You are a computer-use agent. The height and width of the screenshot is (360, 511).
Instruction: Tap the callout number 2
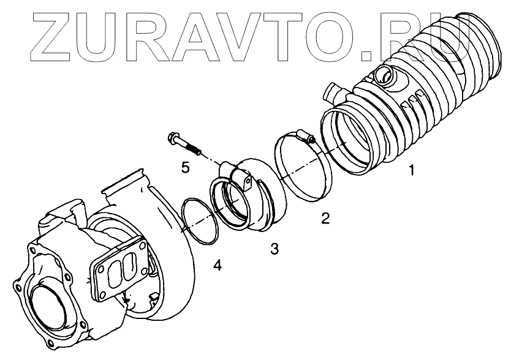[x=325, y=217]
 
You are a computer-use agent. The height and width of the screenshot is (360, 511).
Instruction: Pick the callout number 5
[x=184, y=166]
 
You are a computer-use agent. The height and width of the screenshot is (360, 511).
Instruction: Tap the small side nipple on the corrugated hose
[x=333, y=95]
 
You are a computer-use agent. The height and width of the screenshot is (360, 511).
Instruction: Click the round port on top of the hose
[x=384, y=76]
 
